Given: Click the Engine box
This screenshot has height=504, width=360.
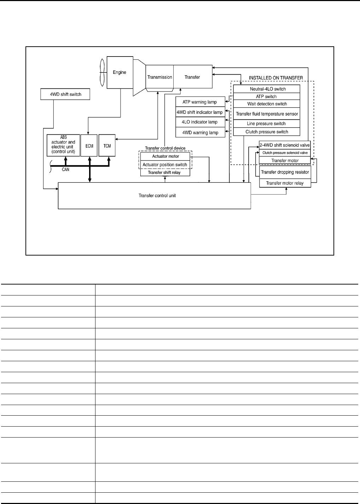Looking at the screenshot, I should tap(120, 72).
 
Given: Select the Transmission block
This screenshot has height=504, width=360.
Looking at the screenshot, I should tap(159, 77).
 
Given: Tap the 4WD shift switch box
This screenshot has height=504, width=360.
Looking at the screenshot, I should tap(66, 94).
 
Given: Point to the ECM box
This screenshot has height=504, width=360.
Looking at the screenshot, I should tap(89, 145).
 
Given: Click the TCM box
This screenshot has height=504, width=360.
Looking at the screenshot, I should tap(107, 145).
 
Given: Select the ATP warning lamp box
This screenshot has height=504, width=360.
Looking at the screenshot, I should tap(200, 102).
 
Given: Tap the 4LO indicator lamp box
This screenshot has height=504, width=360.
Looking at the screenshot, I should tap(200, 122).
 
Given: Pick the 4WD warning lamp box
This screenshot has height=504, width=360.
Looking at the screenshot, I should tap(200, 133).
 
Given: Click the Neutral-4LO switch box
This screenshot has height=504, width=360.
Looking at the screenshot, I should tap(266, 89).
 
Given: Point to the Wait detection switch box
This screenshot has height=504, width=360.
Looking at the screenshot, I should tap(266, 104).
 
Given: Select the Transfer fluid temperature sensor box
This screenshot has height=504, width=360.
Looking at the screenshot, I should tap(266, 114).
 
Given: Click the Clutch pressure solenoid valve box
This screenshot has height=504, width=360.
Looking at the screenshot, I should tap(285, 153).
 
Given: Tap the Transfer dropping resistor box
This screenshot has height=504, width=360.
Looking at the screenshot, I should tap(285, 172).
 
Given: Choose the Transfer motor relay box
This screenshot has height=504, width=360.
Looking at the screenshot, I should tap(285, 183).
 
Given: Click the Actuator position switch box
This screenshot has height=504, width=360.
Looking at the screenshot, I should tap(165, 165).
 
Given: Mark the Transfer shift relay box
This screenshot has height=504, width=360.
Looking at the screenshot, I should tap(165, 172).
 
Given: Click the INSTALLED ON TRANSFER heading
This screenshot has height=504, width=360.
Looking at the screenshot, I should tap(276, 78).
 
